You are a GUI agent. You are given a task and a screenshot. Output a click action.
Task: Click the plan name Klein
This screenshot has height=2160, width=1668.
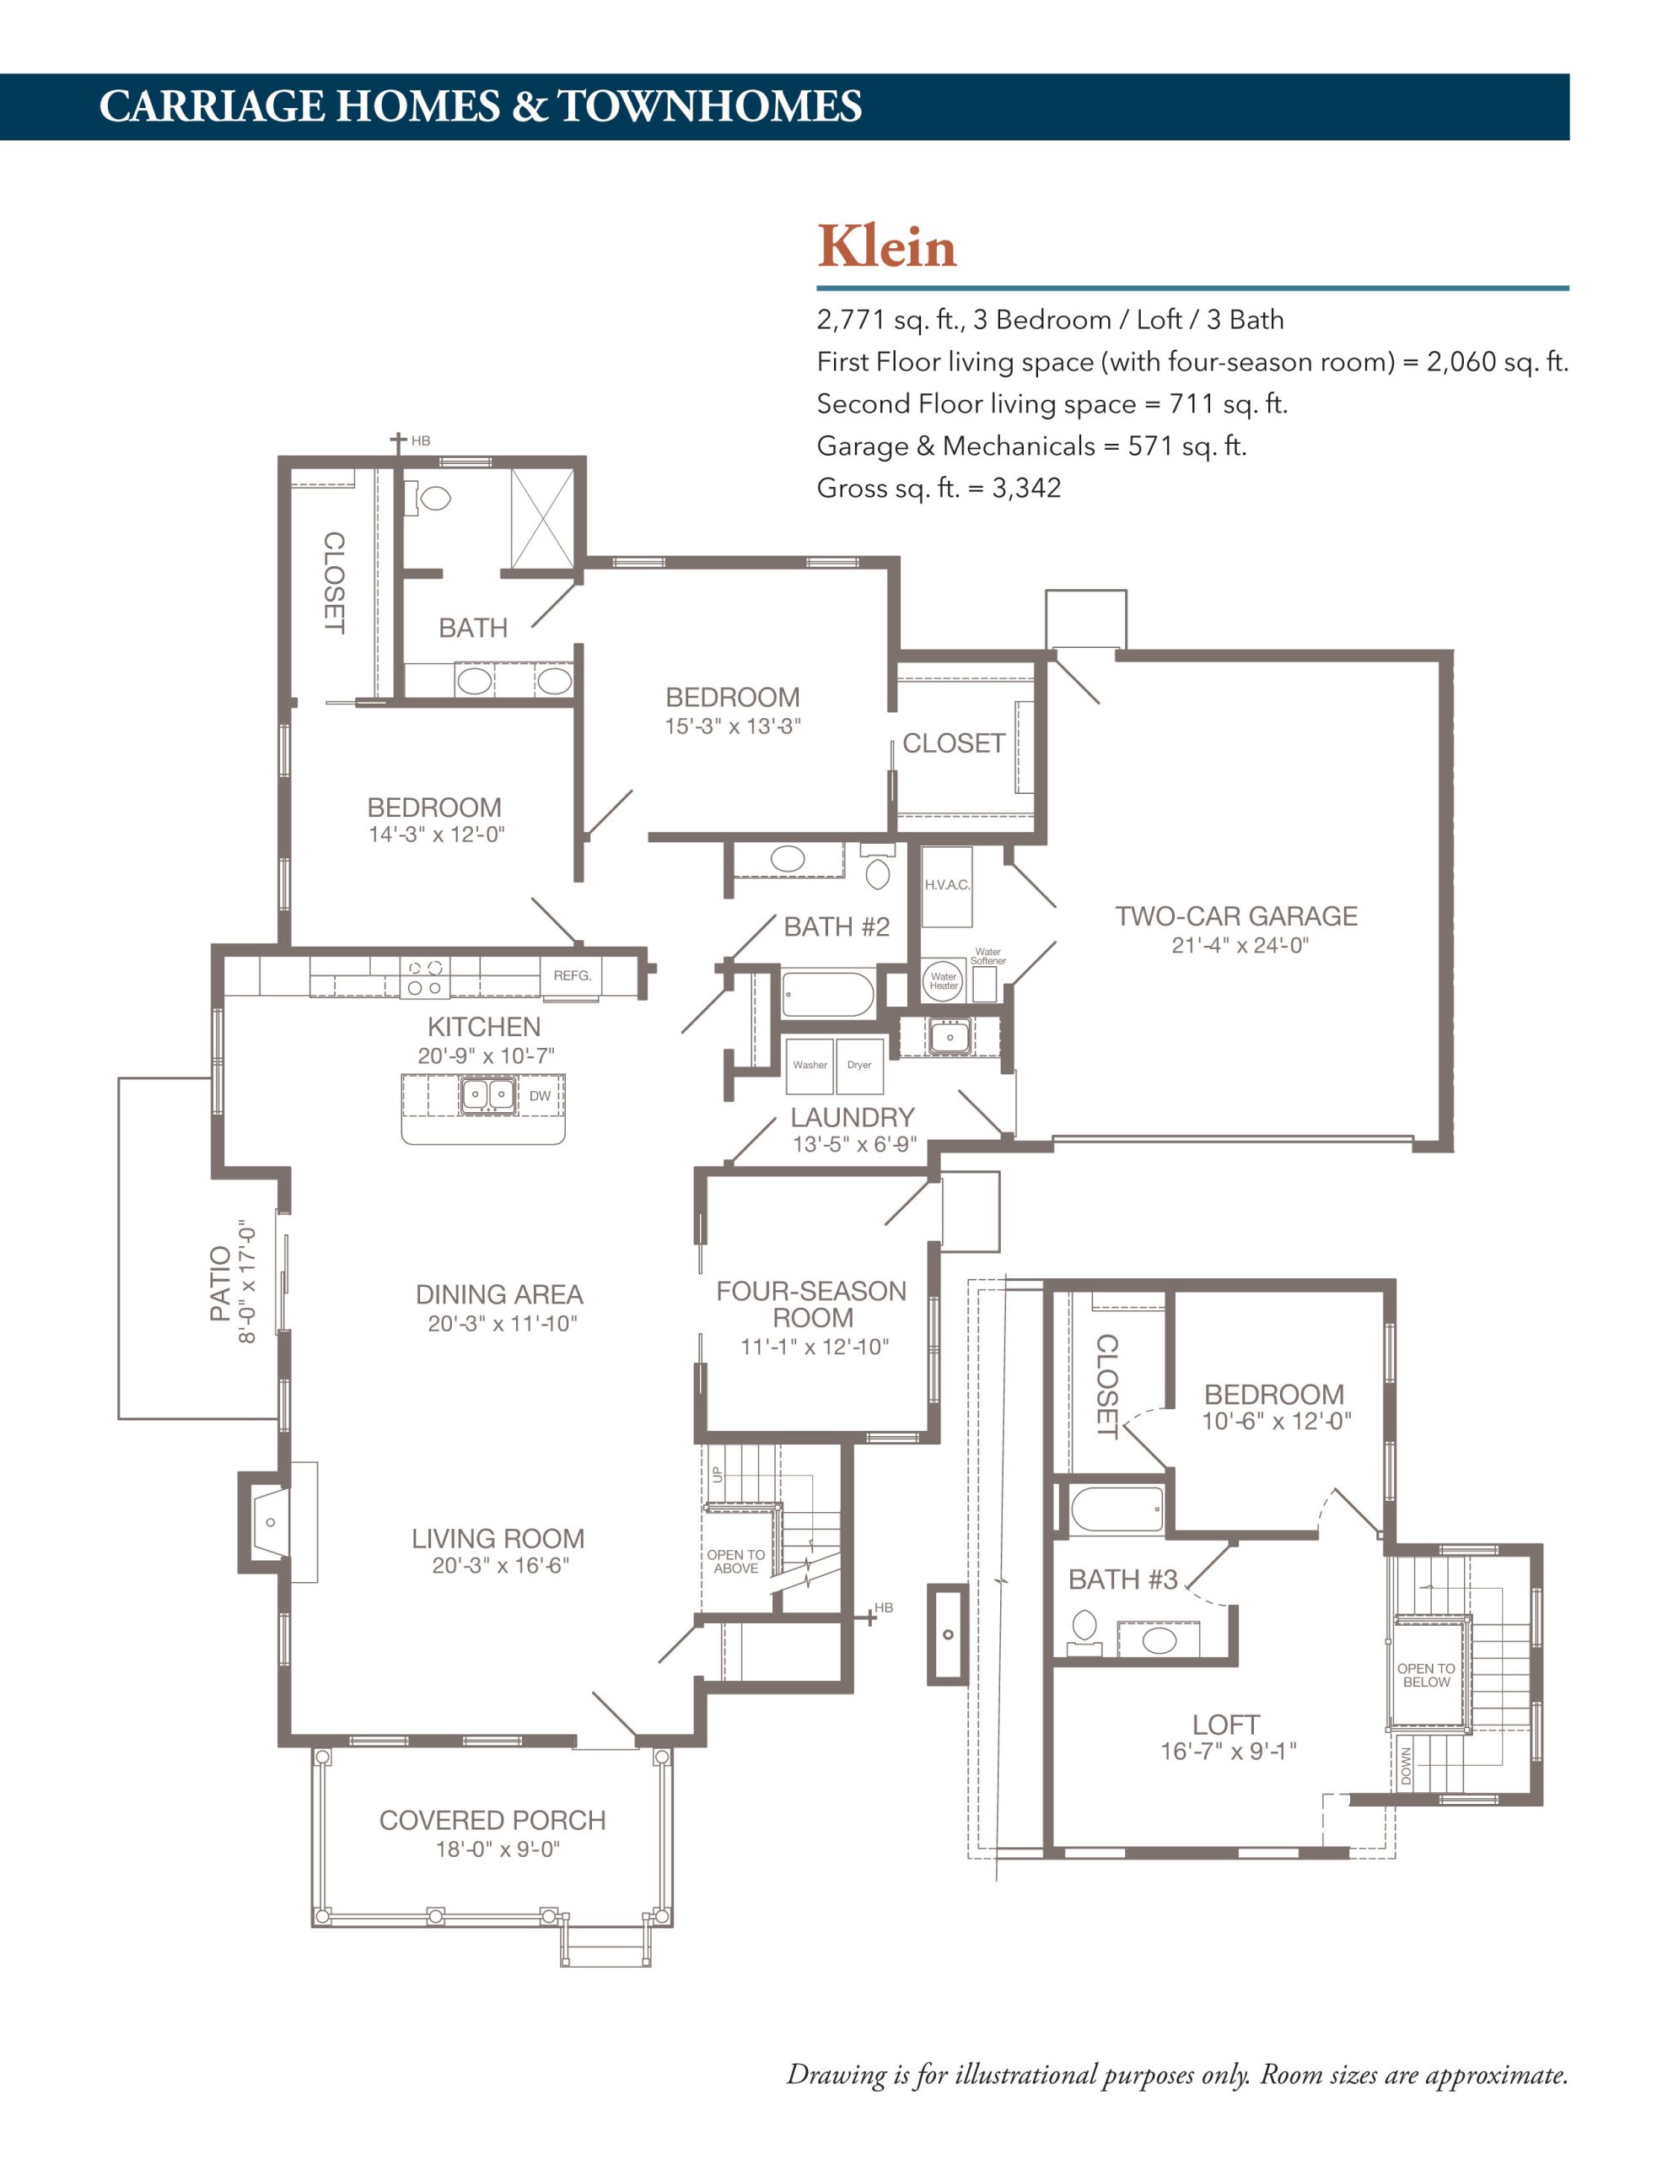(887, 246)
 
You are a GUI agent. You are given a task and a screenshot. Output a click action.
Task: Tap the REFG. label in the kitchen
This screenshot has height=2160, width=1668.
(573, 975)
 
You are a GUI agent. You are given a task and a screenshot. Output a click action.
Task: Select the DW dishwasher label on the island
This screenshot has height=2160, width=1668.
(540, 1096)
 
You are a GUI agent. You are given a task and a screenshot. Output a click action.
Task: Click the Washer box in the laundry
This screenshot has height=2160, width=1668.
(810, 1065)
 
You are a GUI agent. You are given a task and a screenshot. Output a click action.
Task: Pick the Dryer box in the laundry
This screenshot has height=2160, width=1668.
(860, 1065)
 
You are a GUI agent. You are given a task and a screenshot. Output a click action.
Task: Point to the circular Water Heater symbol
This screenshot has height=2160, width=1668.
(944, 980)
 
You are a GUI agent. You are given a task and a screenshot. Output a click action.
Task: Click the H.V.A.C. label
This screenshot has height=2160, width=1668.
(947, 884)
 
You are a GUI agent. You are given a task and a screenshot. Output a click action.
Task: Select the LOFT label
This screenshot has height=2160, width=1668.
(1226, 1725)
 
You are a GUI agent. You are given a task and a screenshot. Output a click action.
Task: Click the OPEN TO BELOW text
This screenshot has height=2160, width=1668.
(1426, 1676)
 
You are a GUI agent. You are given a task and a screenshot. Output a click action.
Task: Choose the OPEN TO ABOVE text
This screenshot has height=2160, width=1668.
(735, 1562)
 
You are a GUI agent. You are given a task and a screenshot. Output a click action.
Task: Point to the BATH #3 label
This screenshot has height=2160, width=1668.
(1123, 1579)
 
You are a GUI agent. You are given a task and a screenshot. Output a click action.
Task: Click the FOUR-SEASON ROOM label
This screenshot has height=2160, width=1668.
(812, 1304)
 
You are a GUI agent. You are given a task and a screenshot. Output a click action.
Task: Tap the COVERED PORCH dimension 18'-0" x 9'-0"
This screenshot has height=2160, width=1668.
(498, 1849)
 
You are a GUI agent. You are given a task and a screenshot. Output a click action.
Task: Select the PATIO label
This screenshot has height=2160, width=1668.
(219, 1282)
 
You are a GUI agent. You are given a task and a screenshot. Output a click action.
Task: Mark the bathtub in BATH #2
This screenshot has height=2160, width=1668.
(827, 995)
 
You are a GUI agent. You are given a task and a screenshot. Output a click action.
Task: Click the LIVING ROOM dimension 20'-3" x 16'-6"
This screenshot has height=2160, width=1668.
(500, 1566)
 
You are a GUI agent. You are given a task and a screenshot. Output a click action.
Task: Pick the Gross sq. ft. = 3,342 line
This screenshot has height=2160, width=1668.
(939, 488)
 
